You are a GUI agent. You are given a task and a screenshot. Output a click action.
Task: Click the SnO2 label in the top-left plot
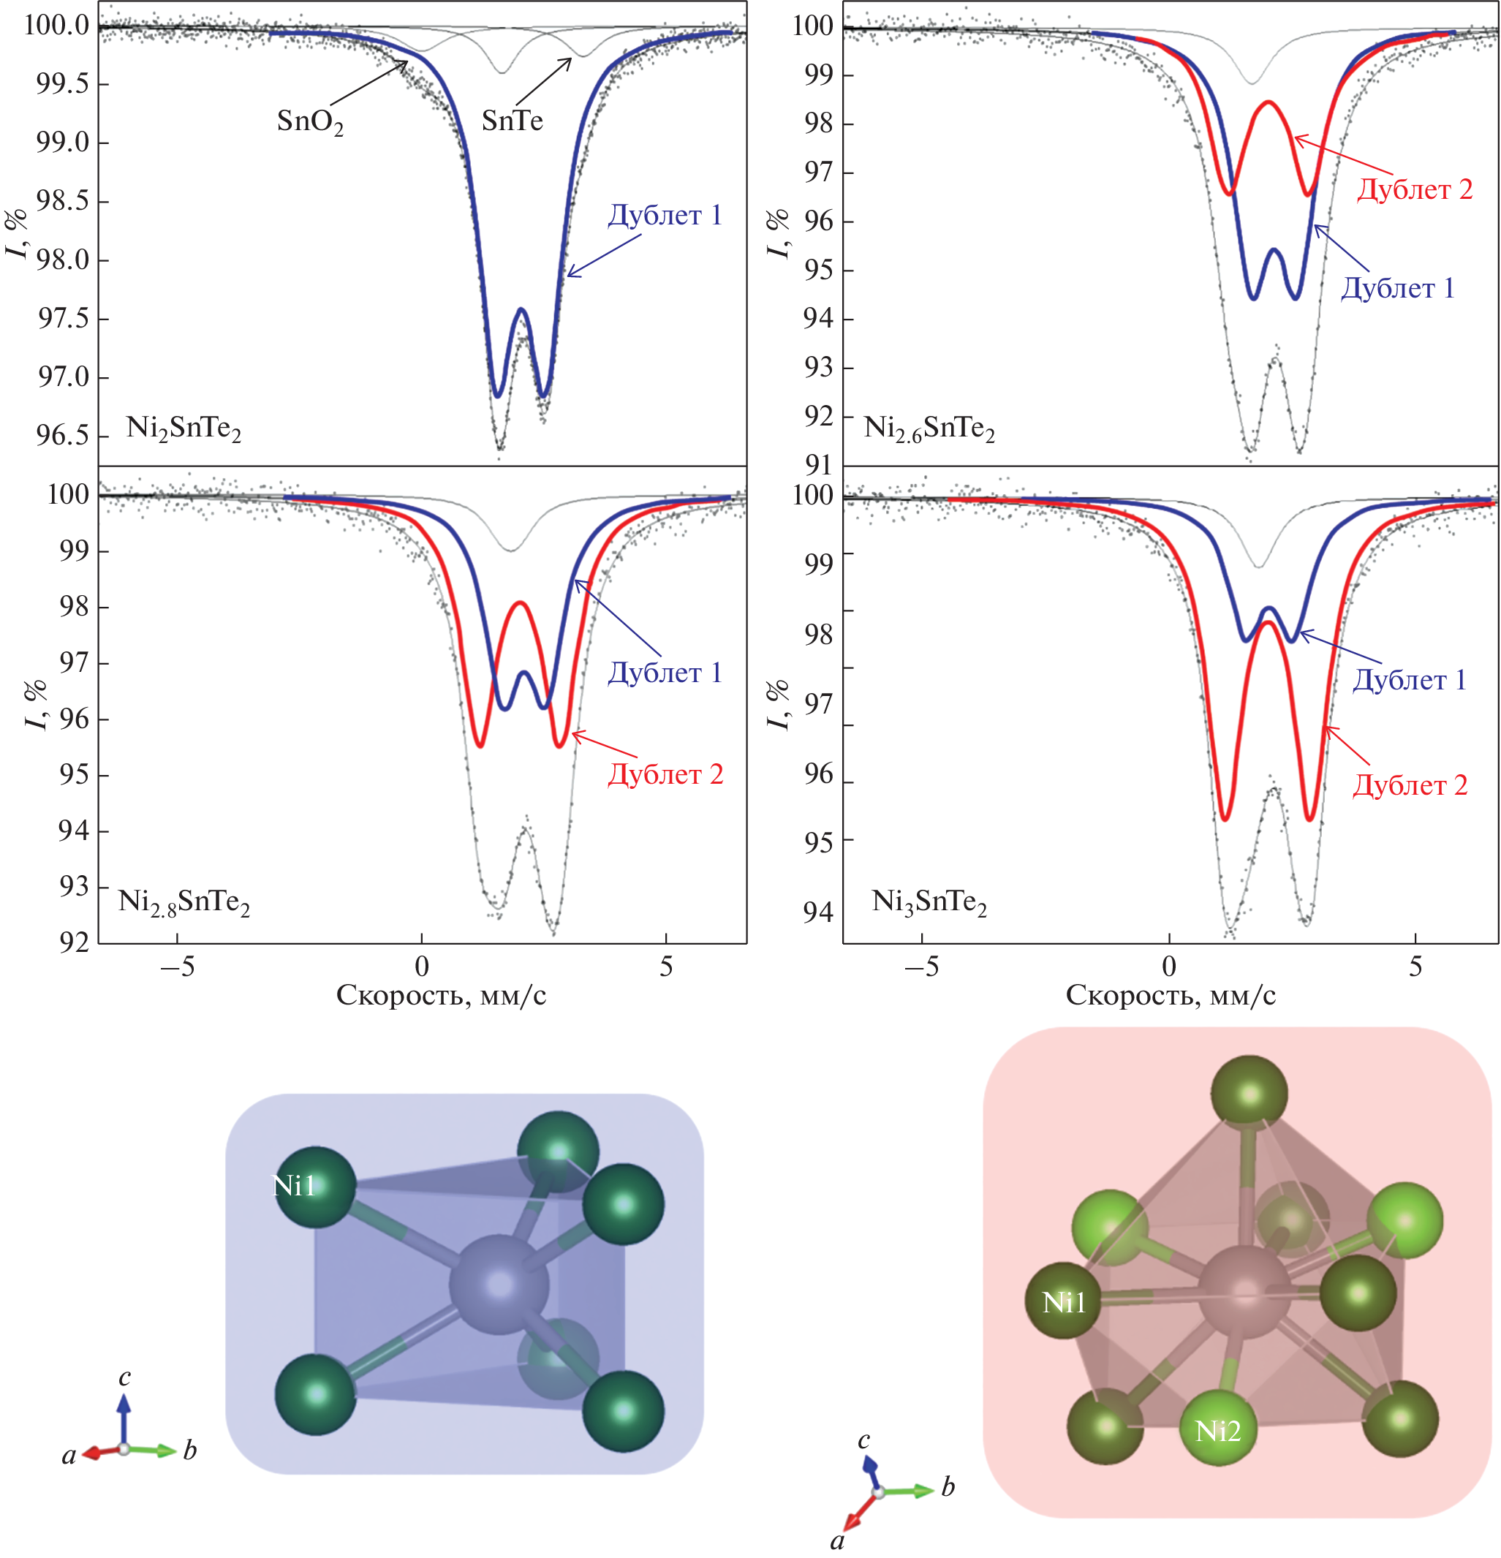coord(310,121)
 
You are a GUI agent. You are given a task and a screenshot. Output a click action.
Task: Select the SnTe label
coord(512,121)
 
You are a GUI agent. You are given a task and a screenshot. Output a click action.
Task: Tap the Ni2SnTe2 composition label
coord(184,428)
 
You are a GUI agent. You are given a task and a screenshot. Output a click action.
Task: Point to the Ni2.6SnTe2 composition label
coord(929,428)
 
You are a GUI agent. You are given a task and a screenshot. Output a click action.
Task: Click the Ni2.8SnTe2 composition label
coord(184,901)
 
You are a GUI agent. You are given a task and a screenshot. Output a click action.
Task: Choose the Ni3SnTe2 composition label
coord(929,901)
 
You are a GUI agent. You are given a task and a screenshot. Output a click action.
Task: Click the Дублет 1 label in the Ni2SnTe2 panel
coord(665,216)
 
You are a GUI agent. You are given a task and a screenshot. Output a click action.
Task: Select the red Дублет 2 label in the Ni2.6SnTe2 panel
coord(1414,189)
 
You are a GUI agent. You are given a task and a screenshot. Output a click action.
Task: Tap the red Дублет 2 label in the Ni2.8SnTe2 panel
coord(665,774)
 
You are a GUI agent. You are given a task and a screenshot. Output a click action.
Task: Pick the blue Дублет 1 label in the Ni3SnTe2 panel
coord(1410,681)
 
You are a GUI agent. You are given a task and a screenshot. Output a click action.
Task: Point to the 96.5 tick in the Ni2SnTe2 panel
coord(63,436)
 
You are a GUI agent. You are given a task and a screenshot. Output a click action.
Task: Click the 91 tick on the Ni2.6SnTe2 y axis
coord(818,464)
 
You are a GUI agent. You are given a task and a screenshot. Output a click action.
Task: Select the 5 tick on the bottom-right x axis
coord(1415,967)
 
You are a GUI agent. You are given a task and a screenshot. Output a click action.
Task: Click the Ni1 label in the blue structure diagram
coord(294,1186)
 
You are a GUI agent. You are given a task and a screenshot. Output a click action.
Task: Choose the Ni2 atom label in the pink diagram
coord(1218,1431)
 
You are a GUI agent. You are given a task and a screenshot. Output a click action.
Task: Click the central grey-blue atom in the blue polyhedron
coord(499,1284)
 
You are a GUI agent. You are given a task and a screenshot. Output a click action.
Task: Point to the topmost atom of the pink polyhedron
coord(1249,1094)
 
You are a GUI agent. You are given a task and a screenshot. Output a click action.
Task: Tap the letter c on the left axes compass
coord(125,1377)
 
